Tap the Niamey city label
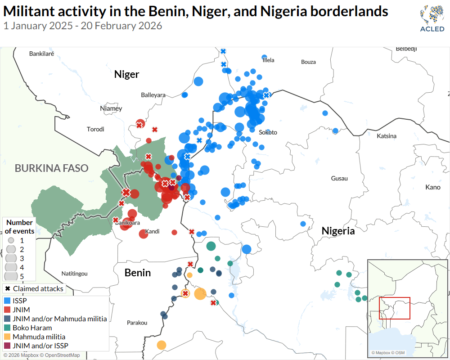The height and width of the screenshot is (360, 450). click(x=111, y=108)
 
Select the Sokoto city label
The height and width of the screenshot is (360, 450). click(x=268, y=132)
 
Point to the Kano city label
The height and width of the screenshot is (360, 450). click(x=433, y=187)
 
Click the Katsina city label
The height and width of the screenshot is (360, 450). click(x=387, y=136)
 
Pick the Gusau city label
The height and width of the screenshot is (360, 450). click(x=339, y=178)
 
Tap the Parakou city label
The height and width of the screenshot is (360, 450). click(x=137, y=323)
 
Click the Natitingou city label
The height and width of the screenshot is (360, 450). click(x=74, y=273)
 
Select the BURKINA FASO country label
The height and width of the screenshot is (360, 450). click(x=51, y=168)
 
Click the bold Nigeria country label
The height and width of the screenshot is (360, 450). click(x=338, y=231)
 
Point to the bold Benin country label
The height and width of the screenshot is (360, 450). click(x=137, y=273)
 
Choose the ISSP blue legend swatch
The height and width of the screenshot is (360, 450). click(x=7, y=301)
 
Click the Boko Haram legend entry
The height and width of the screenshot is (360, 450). click(x=32, y=328)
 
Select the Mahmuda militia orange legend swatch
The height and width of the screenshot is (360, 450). click(x=7, y=337)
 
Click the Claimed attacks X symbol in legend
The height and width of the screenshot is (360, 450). click(x=8, y=288)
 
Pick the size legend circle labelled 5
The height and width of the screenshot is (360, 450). click(x=11, y=276)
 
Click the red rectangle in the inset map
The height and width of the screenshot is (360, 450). click(x=394, y=308)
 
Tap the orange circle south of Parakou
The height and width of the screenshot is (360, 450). click(x=161, y=345)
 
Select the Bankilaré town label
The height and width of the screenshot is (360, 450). click(x=41, y=54)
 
